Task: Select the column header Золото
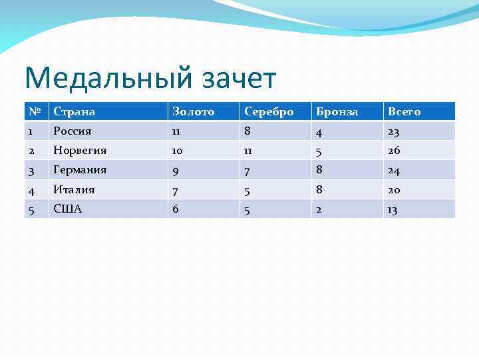coord(193,111)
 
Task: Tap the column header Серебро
coord(269,111)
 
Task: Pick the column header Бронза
coord(336,111)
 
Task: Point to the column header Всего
coord(404,111)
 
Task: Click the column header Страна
coord(74,111)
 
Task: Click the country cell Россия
coord(73,131)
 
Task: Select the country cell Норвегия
coord(80,151)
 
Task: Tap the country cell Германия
coord(80,170)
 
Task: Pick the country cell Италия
coord(74,190)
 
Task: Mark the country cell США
coord(68,209)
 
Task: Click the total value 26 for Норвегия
coord(394,151)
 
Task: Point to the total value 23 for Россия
coord(394,131)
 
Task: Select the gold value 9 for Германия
coord(176,171)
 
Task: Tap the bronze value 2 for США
coord(319,209)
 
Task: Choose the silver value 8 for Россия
coord(248,131)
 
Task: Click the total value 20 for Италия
coord(394,190)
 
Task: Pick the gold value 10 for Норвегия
coord(178,151)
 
